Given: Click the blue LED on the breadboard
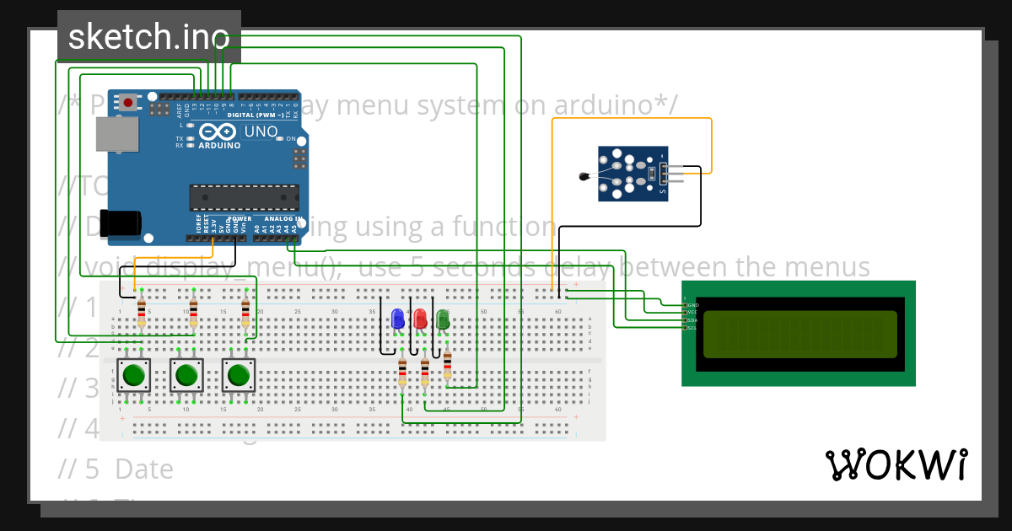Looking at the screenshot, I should click(398, 319).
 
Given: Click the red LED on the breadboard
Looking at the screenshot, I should click(420, 319).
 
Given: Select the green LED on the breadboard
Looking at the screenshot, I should click(442, 319).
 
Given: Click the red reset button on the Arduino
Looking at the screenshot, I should click(127, 103).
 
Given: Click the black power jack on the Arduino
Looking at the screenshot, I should click(119, 223).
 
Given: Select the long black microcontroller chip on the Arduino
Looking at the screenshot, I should click(243, 196).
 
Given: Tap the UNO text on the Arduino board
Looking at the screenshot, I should click(260, 131).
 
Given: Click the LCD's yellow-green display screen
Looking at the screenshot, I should click(799, 335).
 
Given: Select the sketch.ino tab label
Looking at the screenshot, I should click(148, 36).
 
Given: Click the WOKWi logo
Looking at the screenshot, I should click(896, 464).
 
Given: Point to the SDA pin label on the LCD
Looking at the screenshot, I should click(692, 320).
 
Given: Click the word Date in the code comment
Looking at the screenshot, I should click(143, 469).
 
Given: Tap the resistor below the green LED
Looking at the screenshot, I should click(447, 365).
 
